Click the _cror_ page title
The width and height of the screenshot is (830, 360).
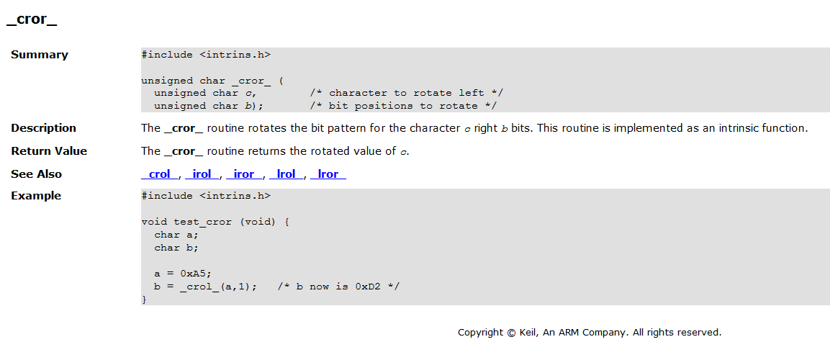coord(32,20)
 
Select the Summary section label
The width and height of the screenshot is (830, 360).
coord(40,55)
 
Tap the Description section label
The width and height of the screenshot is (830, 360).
coord(43,128)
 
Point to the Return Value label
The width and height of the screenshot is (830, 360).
coord(49,151)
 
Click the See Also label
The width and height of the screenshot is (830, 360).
coord(36,174)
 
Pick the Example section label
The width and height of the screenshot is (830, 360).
coord(36,196)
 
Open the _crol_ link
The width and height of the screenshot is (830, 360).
coord(159,174)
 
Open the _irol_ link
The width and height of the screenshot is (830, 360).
coord(202,174)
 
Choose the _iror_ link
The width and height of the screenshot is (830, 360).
coord(244,174)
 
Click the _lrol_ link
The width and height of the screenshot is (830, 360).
coord(287,174)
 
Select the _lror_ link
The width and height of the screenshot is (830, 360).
coord(328,174)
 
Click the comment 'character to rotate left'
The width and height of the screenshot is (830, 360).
coord(407,93)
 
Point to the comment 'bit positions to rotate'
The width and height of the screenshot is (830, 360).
coord(403,106)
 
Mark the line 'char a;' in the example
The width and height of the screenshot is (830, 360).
coord(176,235)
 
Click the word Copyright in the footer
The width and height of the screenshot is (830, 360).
coord(481,333)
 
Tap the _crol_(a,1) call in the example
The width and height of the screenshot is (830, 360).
coord(212,287)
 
